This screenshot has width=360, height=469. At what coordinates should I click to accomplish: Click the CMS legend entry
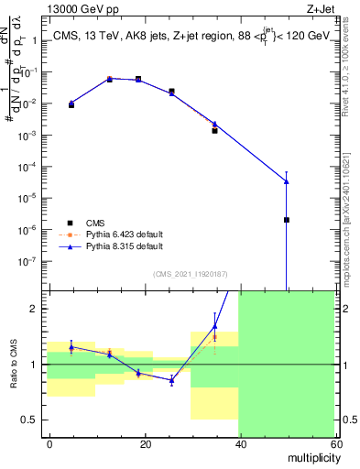point(95,223)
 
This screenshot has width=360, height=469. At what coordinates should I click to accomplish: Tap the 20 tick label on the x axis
point(145,443)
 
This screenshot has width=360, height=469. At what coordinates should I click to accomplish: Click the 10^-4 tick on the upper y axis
point(32,166)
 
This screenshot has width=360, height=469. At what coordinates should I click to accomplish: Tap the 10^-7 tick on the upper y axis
point(32,260)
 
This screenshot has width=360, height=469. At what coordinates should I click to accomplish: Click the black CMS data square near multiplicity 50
point(287,220)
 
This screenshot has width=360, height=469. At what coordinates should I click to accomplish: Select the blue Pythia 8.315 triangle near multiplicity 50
point(287,180)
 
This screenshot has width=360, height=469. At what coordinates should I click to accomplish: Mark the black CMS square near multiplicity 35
point(215,130)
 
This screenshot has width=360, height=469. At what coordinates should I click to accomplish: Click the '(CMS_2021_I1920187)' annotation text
point(191,273)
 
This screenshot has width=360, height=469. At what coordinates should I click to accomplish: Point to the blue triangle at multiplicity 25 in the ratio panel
point(172,379)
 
